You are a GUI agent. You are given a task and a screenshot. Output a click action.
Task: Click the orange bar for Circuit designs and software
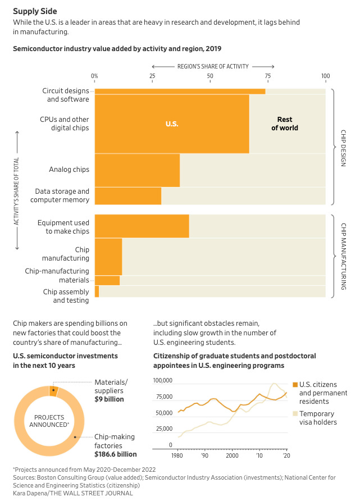[x=180, y=91]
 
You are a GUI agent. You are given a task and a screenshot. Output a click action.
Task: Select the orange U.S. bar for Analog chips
[x=137, y=170]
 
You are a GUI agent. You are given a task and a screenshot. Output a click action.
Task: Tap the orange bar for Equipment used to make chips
[x=142, y=226]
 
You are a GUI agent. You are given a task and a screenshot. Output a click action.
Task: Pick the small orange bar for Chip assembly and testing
[x=97, y=292]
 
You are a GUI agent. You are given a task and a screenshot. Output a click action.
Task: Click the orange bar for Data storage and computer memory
[x=128, y=195]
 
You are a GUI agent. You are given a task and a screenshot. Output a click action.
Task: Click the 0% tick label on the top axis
[x=94, y=76]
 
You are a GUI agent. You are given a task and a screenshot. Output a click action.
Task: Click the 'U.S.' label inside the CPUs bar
[x=172, y=124]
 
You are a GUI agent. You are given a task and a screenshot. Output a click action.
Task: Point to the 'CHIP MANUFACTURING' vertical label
[x=343, y=256]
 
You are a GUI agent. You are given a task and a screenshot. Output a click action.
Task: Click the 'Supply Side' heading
[x=35, y=11]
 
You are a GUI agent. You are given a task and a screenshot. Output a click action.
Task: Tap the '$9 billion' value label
[x=109, y=399]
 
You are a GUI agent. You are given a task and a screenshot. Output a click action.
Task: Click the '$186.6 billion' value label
[x=116, y=454]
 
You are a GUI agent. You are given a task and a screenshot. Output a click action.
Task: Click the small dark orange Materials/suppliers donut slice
[x=54, y=391]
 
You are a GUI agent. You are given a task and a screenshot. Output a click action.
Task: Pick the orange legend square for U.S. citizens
[x=294, y=384]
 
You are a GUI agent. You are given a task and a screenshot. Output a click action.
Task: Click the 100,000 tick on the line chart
[x=163, y=381]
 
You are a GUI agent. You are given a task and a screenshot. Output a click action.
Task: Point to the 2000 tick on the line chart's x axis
[x=232, y=456]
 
